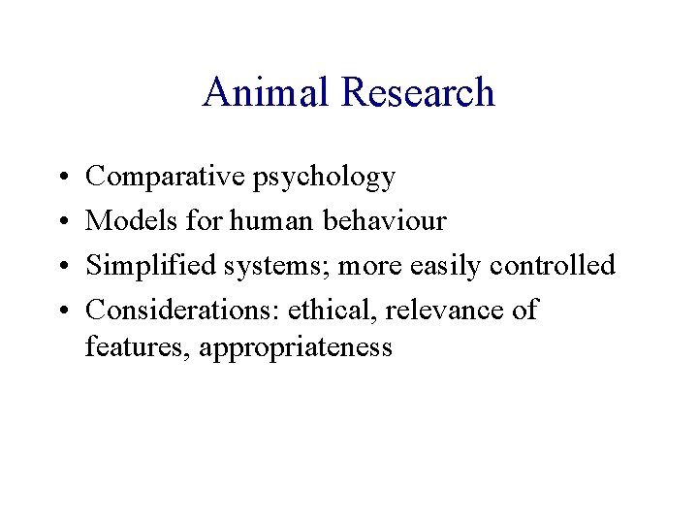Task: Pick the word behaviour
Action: click(x=386, y=221)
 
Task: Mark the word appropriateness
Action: click(x=295, y=348)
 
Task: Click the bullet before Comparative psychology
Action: click(x=61, y=178)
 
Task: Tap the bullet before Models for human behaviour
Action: click(x=61, y=222)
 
